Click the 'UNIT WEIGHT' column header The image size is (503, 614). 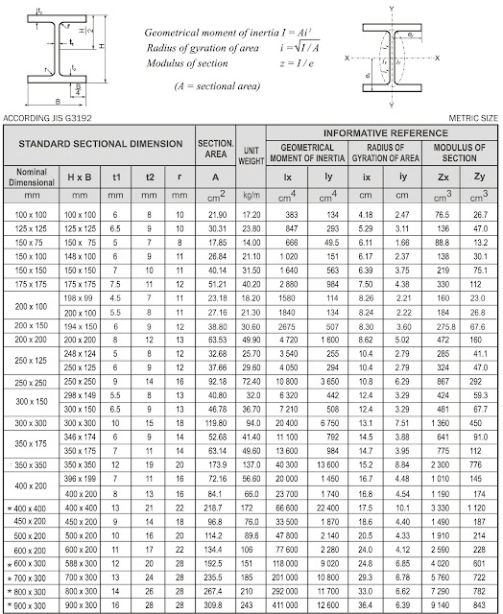(252, 156)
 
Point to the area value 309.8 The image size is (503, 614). (215, 606)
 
